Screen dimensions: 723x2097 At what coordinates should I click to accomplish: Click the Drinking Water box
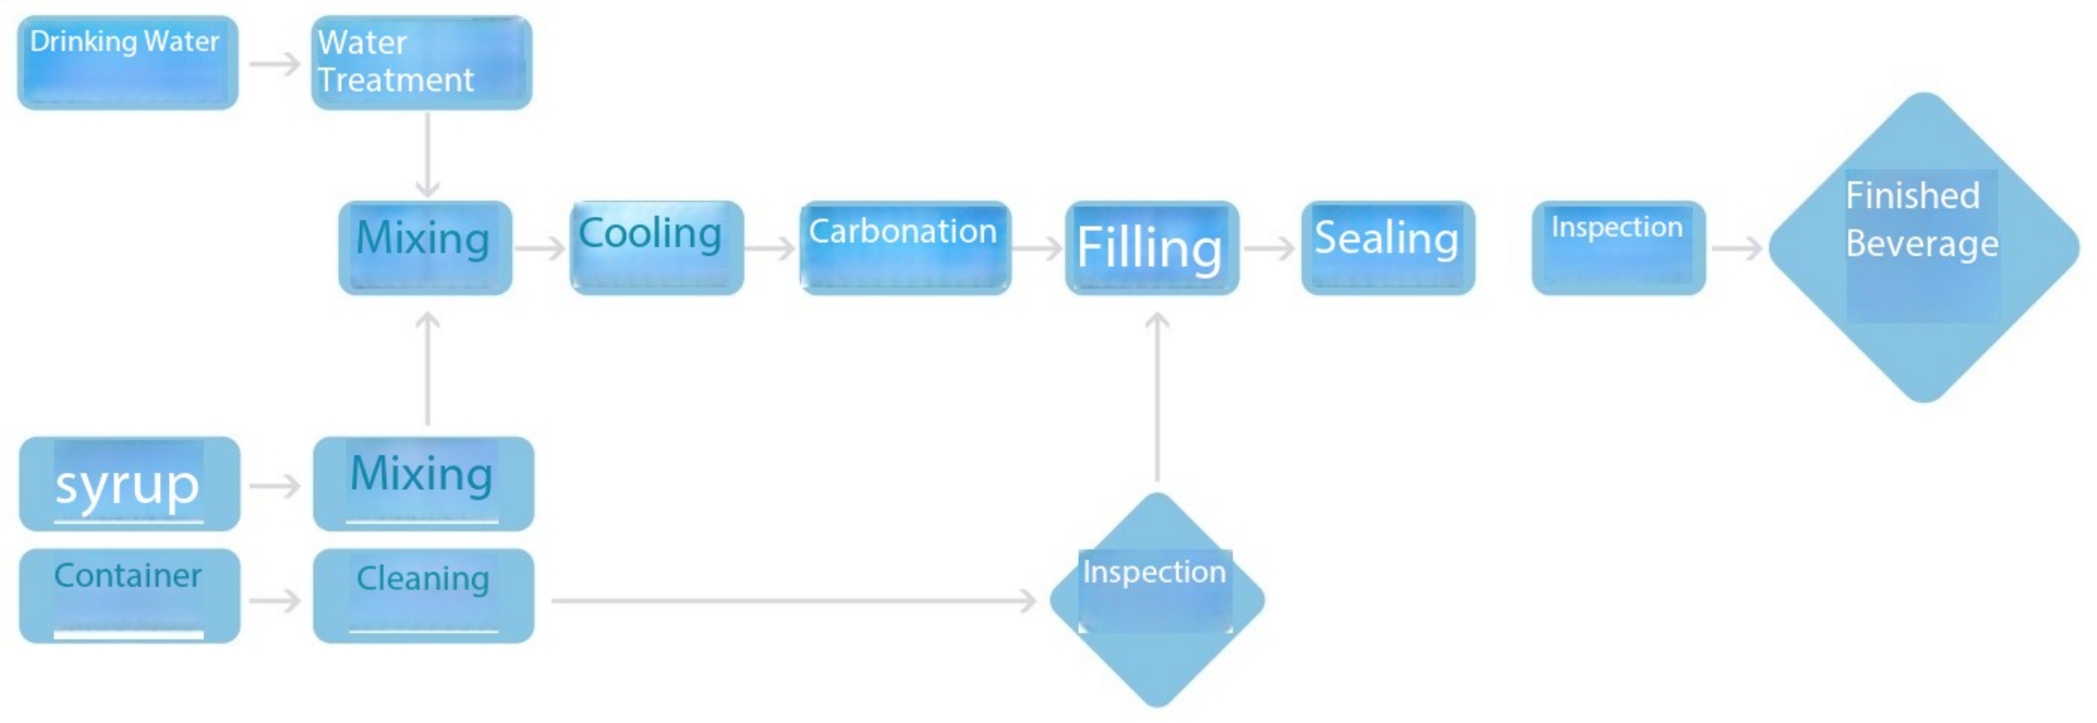[x=128, y=62]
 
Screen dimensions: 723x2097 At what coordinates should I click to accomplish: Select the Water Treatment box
[x=421, y=62]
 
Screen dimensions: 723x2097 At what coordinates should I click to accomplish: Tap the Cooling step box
[x=656, y=248]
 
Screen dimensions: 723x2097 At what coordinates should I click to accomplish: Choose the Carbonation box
[x=905, y=248]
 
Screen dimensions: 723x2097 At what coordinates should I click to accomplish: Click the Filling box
[x=1152, y=248]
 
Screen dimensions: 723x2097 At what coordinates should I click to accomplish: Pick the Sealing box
[x=1388, y=248]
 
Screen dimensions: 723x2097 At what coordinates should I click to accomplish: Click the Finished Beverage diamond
[x=1924, y=248]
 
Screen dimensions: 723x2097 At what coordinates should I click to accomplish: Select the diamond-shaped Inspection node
[x=1157, y=599]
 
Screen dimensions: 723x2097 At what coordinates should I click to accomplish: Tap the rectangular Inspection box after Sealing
[x=1619, y=248]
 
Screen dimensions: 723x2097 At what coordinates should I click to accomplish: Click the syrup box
[x=129, y=484]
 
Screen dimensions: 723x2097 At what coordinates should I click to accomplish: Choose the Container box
[x=129, y=596]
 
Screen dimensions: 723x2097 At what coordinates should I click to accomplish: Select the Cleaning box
[x=423, y=596]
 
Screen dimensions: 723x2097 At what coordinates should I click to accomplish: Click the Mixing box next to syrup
[x=423, y=484]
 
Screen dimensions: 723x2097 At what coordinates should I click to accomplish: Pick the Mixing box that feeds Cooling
[x=425, y=248]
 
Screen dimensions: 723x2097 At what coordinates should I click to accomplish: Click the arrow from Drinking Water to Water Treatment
[x=275, y=64]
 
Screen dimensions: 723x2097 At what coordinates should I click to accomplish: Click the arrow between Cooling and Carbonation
[x=771, y=249]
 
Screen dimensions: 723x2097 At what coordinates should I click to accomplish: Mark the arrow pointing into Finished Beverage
[x=1737, y=249]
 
